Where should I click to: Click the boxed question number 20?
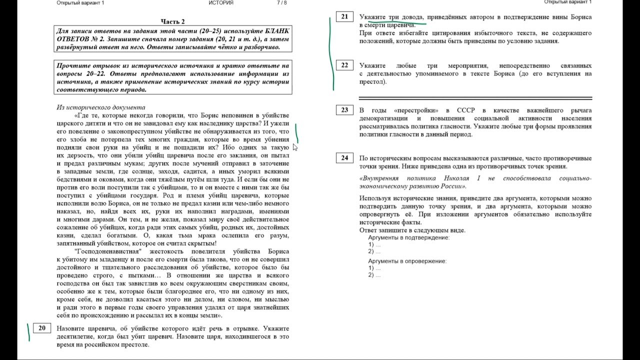tap(41, 328)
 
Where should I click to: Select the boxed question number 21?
tap(344, 17)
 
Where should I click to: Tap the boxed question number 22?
tap(344, 65)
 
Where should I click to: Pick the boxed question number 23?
tap(344, 110)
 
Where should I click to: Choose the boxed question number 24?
tap(344, 158)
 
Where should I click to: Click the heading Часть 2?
tap(172, 21)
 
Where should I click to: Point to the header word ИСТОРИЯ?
tap(221, 3)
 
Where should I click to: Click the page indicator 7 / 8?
tap(282, 3)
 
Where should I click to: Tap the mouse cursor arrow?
tap(295, 147)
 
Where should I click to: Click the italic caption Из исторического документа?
tap(100, 107)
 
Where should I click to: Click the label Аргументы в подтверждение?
tap(408, 237)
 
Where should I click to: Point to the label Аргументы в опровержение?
tap(407, 261)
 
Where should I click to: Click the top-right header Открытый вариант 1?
tap(567, 2)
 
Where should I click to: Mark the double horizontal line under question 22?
tap(475, 98)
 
